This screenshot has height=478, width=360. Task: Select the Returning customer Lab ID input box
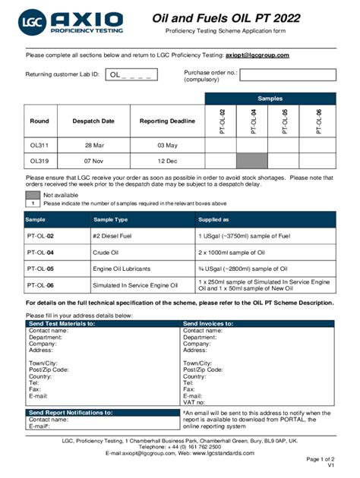pos(133,74)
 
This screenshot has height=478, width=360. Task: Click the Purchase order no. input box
pos(289,74)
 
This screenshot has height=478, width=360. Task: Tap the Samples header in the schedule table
pos(270,99)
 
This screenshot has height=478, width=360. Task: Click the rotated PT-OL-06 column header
pos(318,121)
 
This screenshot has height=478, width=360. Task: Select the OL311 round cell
pos(39,144)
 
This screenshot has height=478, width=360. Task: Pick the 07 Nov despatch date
pos(93,161)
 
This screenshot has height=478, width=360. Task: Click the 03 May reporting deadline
pos(166,144)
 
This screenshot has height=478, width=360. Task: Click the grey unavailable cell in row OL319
pos(252,161)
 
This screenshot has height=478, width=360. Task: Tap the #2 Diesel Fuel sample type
pos(114,236)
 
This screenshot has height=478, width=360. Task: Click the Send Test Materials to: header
pos(62,323)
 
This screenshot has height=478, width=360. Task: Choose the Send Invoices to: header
pos(213,323)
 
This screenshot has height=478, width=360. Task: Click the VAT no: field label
pos(194,402)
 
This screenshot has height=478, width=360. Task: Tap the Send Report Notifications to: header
pos(70,413)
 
